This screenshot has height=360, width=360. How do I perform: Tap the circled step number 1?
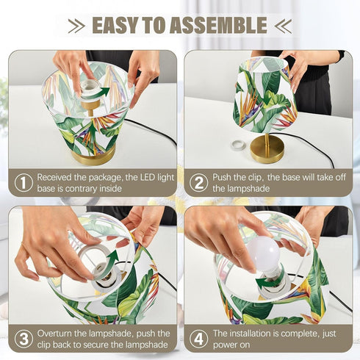(24, 183)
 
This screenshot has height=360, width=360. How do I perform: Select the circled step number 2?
(198, 183)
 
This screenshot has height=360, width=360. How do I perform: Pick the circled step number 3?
(24, 339)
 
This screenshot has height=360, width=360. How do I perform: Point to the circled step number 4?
(198, 339)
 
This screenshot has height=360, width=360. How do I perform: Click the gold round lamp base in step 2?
(267, 148)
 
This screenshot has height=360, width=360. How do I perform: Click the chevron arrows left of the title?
(76, 26)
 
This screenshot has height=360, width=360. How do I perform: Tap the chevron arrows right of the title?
(284, 26)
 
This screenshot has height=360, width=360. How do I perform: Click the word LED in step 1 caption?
(148, 177)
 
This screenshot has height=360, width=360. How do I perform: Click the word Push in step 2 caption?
(221, 177)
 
